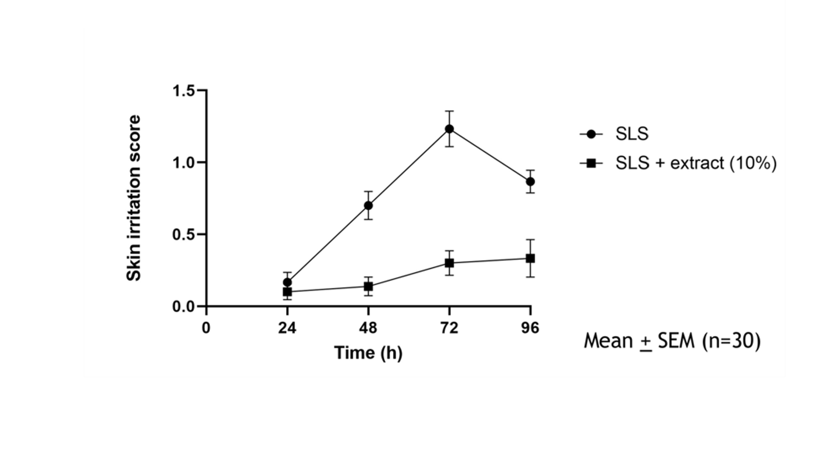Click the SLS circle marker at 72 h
coord(449,129)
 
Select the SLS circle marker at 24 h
coord(287,283)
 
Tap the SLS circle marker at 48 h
coord(368,205)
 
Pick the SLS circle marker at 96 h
coord(531,182)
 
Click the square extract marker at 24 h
coord(287,291)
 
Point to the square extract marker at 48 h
coord(368,286)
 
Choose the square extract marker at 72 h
coord(449,263)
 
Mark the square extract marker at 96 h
coord(531,258)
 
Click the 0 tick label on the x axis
coord(206,328)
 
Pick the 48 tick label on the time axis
coord(368,328)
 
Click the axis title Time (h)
coord(368,353)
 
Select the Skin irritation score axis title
coord(134,198)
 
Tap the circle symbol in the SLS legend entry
coord(591,134)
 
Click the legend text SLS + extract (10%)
coord(696,163)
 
